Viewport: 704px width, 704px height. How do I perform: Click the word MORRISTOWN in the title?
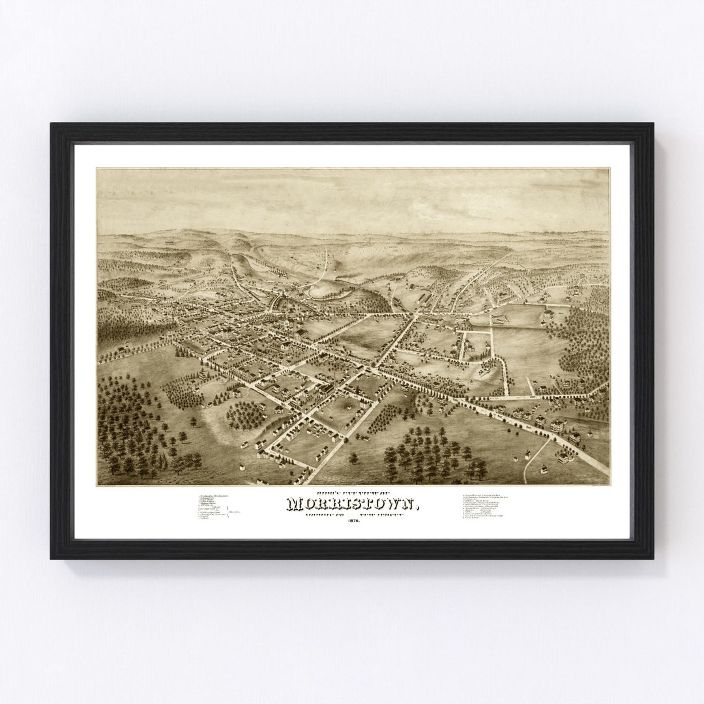352,505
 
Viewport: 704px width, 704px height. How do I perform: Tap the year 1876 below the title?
352,520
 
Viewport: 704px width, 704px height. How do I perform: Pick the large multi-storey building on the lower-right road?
557,425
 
